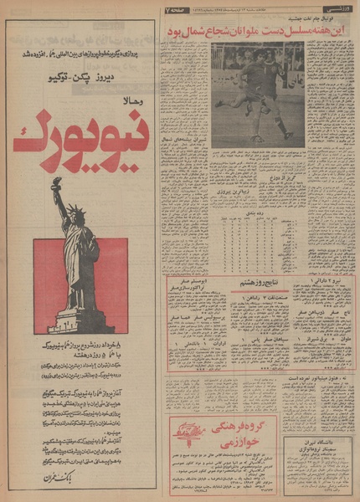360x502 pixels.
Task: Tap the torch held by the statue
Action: (56, 182)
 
